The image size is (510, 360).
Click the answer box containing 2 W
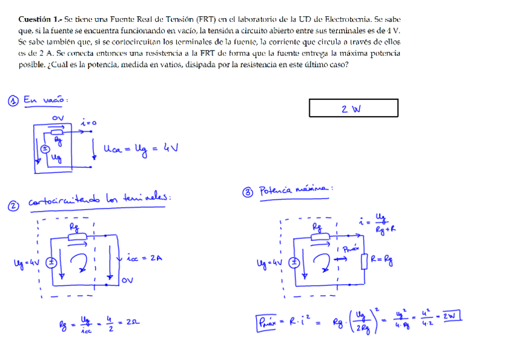pyautogui.click(x=353, y=108)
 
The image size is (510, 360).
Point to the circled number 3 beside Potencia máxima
pyautogui.click(x=247, y=192)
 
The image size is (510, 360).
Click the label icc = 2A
pyautogui.click(x=144, y=258)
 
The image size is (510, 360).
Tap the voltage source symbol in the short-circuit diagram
pyautogui.click(x=52, y=262)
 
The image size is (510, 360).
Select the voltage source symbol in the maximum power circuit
pyautogui.click(x=294, y=262)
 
